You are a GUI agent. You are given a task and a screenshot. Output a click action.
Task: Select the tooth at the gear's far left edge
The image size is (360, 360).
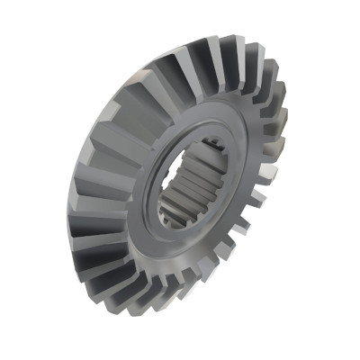coord(80,216)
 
